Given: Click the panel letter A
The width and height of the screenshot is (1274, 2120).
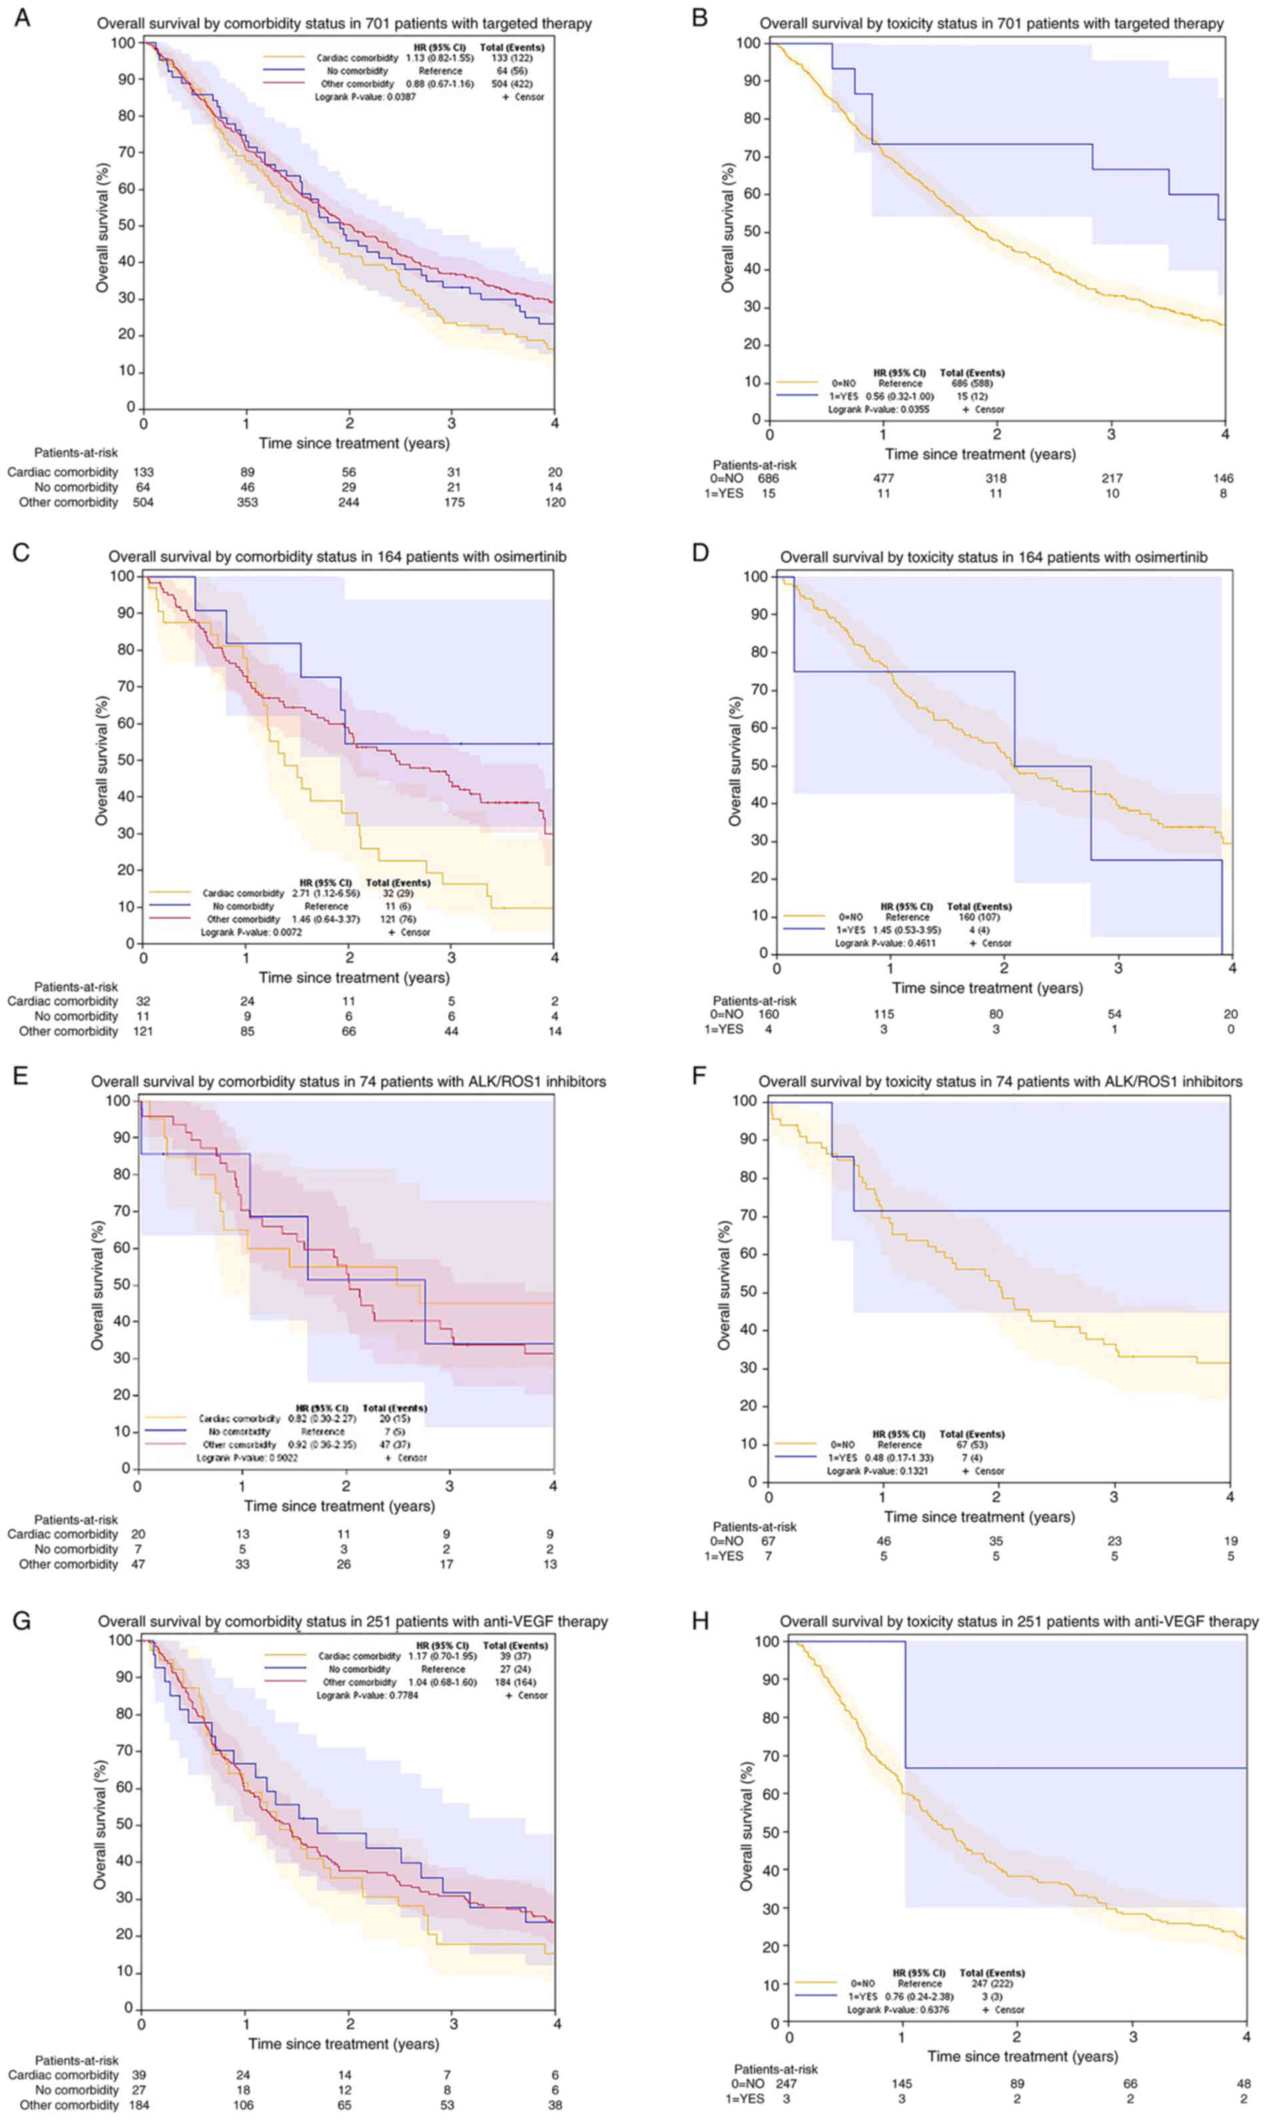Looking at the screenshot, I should point(23,17).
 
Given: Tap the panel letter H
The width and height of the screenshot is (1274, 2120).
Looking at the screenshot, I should point(701,1620).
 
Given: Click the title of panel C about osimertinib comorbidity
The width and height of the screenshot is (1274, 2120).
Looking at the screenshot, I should point(336,556).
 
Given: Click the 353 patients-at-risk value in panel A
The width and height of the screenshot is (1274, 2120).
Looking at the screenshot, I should point(247,502).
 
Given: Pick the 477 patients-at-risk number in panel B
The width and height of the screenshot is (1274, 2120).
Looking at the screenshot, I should point(883,478).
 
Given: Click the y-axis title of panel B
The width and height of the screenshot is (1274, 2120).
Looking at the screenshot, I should point(728,227).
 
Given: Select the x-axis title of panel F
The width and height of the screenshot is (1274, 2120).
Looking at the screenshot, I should point(979,1517).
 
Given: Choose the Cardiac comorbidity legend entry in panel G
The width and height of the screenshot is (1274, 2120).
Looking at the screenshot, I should point(359,1656).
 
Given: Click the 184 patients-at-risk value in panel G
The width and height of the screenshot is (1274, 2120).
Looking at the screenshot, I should point(139,2105).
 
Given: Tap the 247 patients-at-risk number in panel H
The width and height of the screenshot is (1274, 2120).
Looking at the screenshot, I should point(787,2083).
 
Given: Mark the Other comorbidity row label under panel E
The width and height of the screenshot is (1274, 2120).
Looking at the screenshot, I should point(69,1564).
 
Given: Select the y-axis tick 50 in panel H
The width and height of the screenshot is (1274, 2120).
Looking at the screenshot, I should point(772,1832).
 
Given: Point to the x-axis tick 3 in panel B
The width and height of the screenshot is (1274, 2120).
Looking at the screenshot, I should point(1111,434).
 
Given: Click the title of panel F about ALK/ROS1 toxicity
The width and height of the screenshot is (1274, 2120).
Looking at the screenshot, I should point(999,1082).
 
